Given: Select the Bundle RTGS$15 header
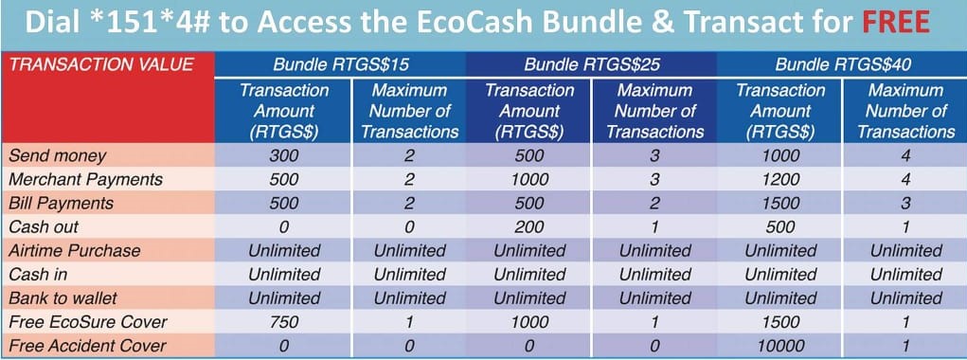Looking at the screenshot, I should [343, 65].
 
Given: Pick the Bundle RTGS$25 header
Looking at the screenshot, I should [591, 65].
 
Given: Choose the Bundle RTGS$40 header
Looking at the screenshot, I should [843, 65].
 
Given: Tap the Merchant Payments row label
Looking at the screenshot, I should [84, 178].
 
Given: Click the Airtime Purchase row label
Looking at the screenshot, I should [74, 251].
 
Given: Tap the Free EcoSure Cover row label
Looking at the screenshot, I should [80, 322].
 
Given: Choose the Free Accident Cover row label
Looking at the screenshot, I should [86, 346].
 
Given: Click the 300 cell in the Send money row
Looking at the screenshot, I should [283, 154].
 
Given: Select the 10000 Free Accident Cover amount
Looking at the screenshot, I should [780, 346].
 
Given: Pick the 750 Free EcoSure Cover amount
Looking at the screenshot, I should [283, 322].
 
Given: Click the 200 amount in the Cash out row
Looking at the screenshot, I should [529, 226].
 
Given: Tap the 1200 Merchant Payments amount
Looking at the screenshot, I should [780, 178].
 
